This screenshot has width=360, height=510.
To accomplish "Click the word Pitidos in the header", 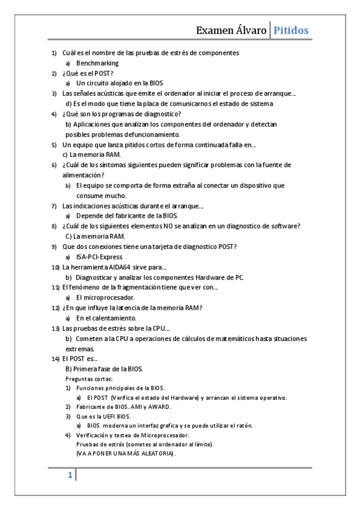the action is pos(291,30).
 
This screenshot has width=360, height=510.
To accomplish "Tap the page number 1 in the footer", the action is pos(70,475).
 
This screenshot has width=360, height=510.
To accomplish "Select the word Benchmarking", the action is pos(97,63).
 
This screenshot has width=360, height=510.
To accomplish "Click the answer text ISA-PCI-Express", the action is pos(99,257).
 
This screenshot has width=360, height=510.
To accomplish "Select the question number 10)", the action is pos(55,267).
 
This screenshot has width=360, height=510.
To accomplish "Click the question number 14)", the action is pos(55,358).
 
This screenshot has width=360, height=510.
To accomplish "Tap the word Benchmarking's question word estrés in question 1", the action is pos(177,53).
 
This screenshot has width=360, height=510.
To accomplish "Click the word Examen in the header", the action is pos(217,30).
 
